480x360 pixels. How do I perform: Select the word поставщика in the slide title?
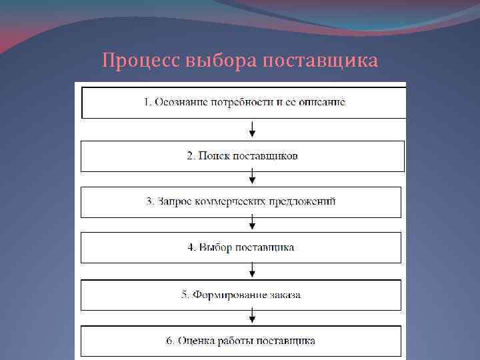[321, 61]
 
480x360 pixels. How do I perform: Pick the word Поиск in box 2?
[212, 156]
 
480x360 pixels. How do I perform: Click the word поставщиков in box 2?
[265, 156]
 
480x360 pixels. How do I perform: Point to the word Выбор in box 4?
[215, 247]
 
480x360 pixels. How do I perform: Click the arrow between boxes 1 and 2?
[252, 129]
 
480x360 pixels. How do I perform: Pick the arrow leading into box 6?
[252, 316]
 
